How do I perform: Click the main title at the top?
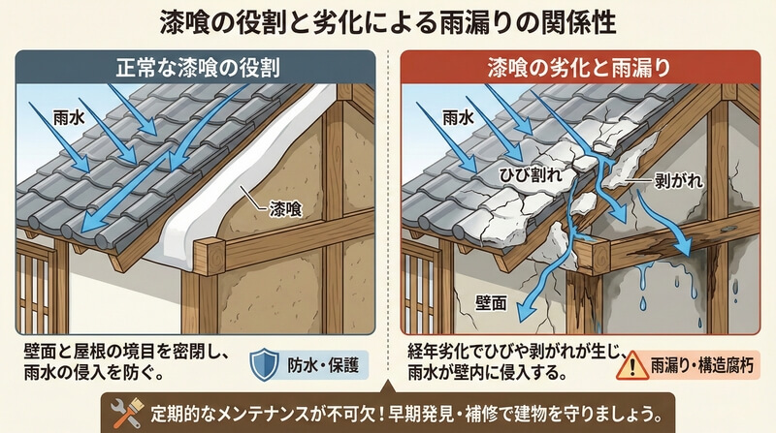(388, 19)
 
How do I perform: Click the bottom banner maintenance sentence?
(407, 410)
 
